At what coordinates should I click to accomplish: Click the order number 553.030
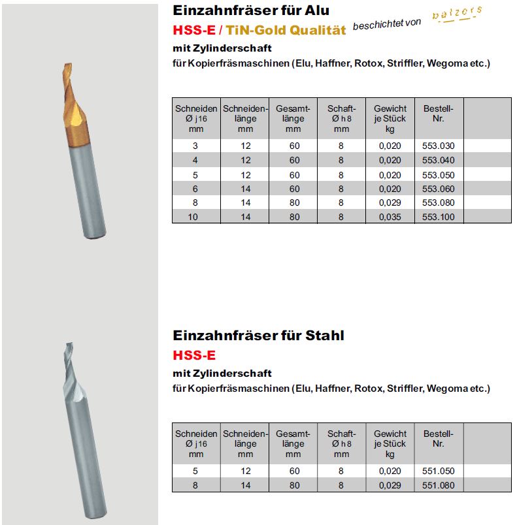(438, 146)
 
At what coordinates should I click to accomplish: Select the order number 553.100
(438, 217)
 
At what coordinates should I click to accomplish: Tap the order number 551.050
(438, 471)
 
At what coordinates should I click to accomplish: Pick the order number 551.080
(438, 485)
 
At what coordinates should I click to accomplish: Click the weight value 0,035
(390, 217)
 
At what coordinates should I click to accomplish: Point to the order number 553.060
(438, 188)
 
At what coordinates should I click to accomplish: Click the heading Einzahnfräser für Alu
(251, 10)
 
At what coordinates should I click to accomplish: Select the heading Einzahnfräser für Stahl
(258, 336)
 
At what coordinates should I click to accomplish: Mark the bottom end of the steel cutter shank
(95, 514)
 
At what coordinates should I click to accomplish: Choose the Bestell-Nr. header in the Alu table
(438, 114)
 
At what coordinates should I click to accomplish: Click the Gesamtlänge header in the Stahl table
(293, 443)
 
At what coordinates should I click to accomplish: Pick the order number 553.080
(438, 202)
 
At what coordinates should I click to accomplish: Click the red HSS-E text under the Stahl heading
(194, 356)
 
